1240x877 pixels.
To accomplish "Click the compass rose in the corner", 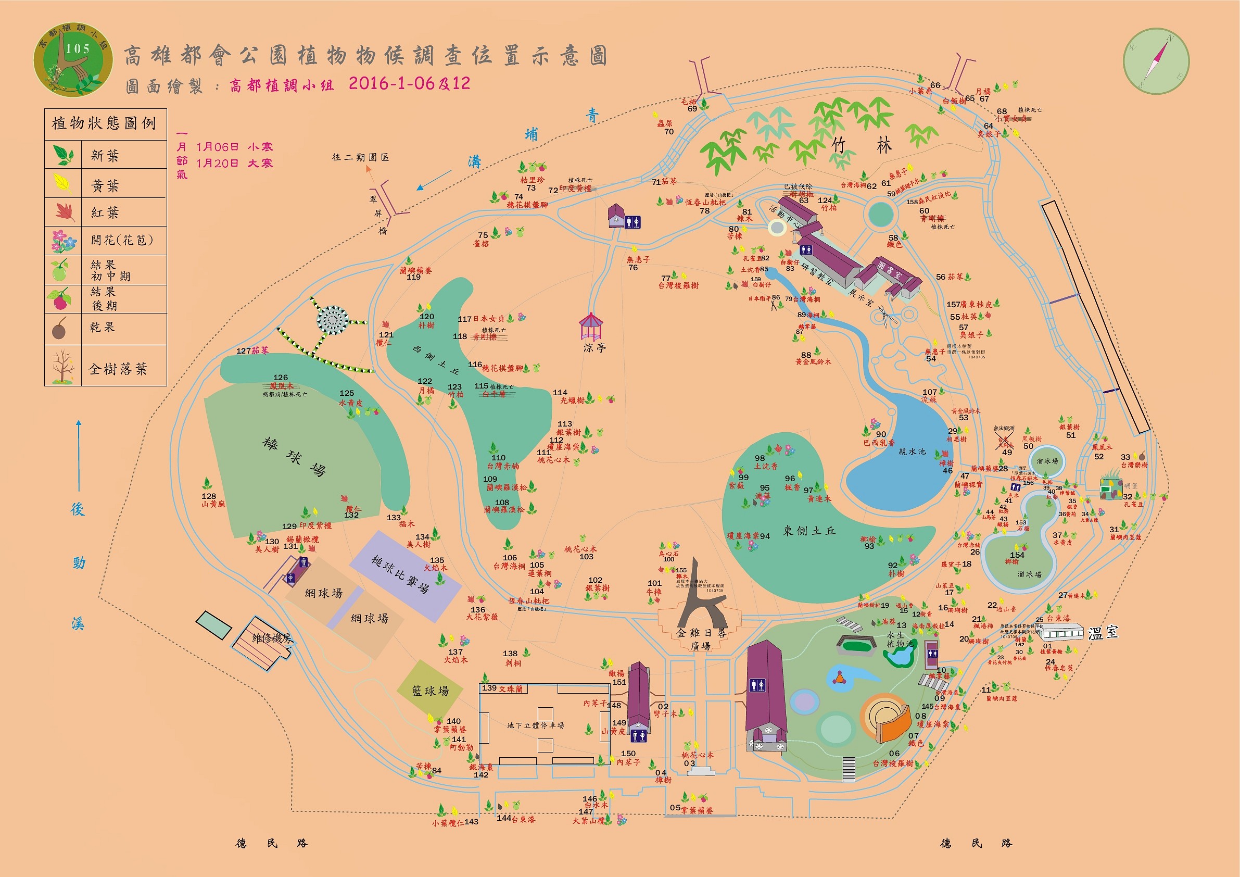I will coord(1156,61).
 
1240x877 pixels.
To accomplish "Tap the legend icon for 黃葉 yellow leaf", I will coord(62,183).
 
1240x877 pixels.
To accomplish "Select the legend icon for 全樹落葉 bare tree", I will coord(62,366).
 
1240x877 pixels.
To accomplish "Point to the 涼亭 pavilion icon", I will coord(590,327).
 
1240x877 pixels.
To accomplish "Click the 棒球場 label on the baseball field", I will coord(294,457).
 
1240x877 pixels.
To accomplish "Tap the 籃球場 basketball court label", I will coord(430,691).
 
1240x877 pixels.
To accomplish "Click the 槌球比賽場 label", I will coord(400,574).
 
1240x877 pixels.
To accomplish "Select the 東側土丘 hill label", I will coord(809,531).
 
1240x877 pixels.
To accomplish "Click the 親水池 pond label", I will coord(912,452).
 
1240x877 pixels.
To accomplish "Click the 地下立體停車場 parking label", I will coord(535,725).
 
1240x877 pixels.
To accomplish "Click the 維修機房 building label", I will coord(272,638).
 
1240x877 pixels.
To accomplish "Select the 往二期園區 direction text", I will coord(360,157).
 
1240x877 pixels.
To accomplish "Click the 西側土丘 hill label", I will coord(435,360).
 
